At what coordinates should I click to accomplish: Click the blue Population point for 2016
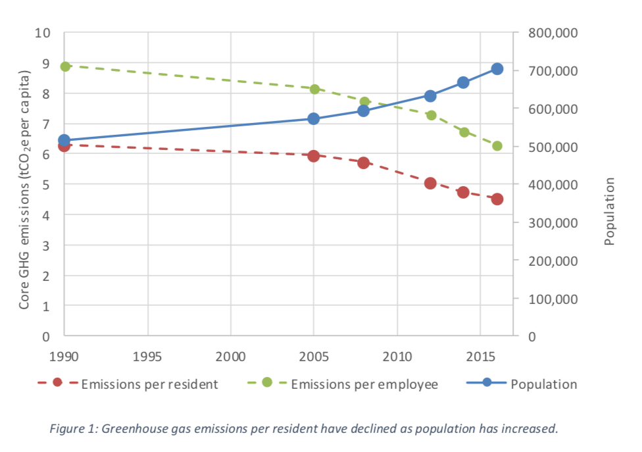coord(497,69)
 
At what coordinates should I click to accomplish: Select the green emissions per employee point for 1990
coord(64,66)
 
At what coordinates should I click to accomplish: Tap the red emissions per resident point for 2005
coord(314,156)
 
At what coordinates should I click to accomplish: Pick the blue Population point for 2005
coord(314,118)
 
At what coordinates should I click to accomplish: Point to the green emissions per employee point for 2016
coord(497,146)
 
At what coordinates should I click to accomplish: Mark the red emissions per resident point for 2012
coord(430,183)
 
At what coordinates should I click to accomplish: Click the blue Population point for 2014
coord(463,82)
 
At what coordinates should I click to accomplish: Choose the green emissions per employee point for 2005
coord(314,89)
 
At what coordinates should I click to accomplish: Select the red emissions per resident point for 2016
coord(497,199)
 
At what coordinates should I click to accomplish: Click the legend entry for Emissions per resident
coord(149,384)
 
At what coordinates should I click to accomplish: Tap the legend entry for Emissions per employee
coord(364,384)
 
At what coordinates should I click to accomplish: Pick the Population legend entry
coord(543,384)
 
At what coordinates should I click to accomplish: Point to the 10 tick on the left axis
coord(43,33)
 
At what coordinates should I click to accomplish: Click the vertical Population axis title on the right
coord(610,211)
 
